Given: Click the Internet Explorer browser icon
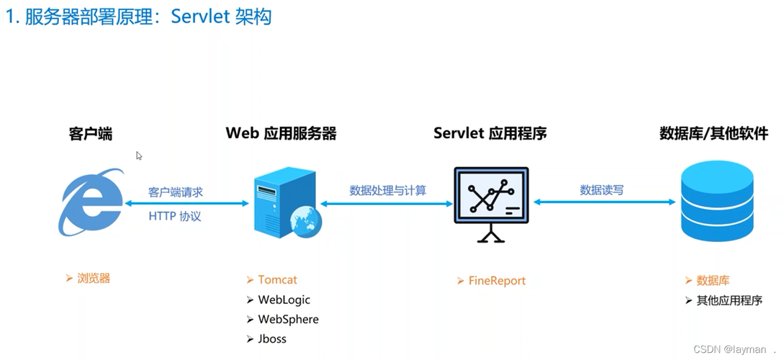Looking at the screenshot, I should [91, 203].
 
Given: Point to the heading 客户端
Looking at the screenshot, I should [91, 134].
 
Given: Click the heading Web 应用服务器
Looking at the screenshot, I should [281, 134].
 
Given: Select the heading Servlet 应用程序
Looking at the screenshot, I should [490, 134].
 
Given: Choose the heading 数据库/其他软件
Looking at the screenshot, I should [713, 134].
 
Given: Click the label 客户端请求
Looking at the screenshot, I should [176, 192].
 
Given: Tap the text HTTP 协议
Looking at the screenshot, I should [175, 216].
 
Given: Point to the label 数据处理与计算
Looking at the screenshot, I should [387, 191].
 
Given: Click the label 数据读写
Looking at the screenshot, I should [602, 191].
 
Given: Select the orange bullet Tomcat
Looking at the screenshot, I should [277, 280].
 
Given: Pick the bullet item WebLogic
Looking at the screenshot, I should [284, 300].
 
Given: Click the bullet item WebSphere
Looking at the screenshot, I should [288, 319].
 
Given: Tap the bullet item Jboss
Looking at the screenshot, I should [272, 338].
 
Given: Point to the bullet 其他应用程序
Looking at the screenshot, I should [729, 300].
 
